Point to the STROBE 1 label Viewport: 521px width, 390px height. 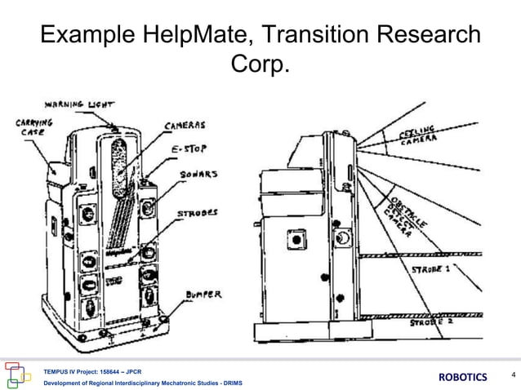pyautogui.click(x=431, y=268)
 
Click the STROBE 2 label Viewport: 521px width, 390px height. pyautogui.click(x=430, y=322)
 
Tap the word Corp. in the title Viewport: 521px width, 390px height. pyautogui.click(x=261, y=63)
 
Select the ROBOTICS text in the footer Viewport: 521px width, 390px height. pyautogui.click(x=463, y=376)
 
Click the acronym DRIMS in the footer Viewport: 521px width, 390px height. pyautogui.click(x=229, y=383)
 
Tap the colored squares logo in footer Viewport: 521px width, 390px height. pyautogui.click(x=19, y=375)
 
